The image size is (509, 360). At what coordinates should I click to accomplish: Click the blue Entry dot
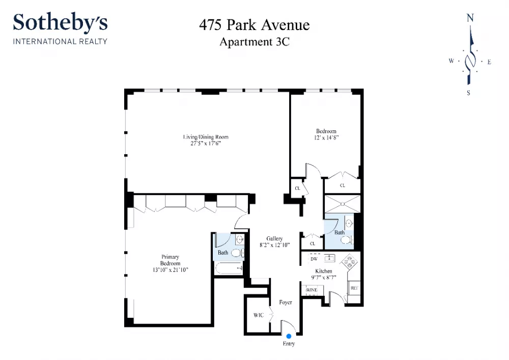(x=289, y=336)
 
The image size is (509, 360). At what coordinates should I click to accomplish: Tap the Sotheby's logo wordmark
(x=61, y=22)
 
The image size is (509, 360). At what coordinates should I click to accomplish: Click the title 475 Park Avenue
(x=254, y=25)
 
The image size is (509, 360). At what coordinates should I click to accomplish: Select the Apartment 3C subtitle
(x=254, y=42)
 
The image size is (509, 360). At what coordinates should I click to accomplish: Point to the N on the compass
(x=470, y=18)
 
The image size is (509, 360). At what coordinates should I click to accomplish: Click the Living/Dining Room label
(x=206, y=137)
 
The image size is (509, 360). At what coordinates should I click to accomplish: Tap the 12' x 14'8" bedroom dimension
(x=326, y=137)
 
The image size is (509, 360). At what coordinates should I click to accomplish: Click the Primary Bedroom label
(x=170, y=260)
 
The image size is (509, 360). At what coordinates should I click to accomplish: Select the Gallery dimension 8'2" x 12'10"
(x=275, y=245)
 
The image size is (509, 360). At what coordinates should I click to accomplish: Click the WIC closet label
(x=259, y=315)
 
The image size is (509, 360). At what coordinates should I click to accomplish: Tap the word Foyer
(x=286, y=302)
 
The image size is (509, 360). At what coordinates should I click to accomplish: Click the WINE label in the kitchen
(x=312, y=290)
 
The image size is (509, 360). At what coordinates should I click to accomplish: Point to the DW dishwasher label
(x=314, y=259)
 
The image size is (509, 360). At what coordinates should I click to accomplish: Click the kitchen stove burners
(x=349, y=262)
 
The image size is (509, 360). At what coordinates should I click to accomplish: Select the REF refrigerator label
(x=354, y=288)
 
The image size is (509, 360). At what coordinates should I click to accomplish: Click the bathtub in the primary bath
(x=229, y=268)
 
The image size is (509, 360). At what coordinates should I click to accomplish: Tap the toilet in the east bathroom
(x=346, y=240)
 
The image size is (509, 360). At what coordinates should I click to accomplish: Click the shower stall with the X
(x=343, y=204)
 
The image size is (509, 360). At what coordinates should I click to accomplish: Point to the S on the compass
(x=468, y=93)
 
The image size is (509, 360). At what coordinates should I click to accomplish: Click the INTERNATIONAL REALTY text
(x=60, y=42)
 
